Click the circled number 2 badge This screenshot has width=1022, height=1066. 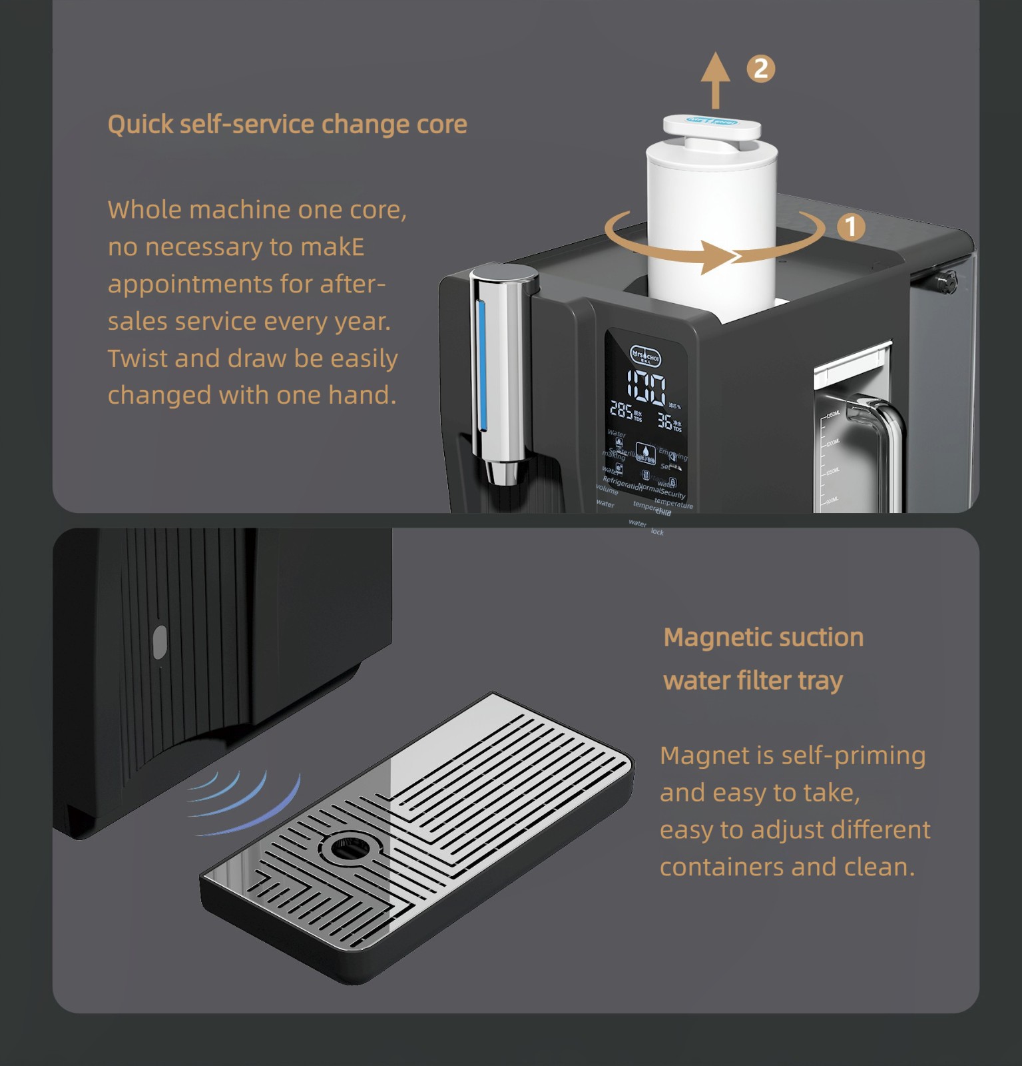point(760,69)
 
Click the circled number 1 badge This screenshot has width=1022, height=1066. point(850,227)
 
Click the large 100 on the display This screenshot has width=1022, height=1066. point(646,388)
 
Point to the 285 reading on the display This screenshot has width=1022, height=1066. point(621,411)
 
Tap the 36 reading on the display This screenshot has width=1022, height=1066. point(664,420)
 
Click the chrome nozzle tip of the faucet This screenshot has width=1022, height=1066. point(499,474)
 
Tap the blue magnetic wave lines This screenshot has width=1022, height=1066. point(246,803)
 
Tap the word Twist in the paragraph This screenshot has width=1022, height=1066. point(137,358)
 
